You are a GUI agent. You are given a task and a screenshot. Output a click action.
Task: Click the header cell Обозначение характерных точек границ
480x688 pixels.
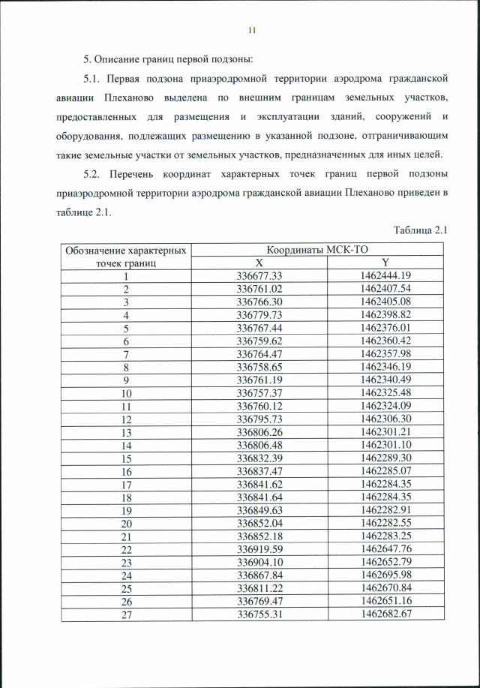coord(126,257)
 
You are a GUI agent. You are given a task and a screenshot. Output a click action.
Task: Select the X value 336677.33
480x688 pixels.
coord(258,276)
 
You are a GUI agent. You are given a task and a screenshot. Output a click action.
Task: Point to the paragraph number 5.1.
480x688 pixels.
coord(91,77)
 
